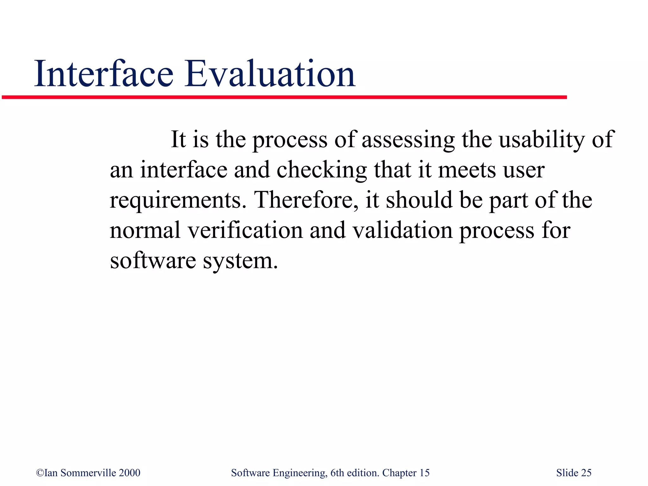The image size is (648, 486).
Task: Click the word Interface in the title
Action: [104, 74]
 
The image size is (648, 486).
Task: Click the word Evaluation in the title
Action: [270, 74]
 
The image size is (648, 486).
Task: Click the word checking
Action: [321, 170]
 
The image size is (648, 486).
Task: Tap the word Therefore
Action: [307, 200]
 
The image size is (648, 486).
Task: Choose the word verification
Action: [245, 230]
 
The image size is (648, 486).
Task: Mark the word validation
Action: [402, 230]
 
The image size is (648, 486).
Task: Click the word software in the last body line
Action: [153, 261]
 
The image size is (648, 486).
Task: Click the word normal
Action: [145, 230]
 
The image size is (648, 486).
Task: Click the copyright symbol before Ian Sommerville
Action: [40, 473]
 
